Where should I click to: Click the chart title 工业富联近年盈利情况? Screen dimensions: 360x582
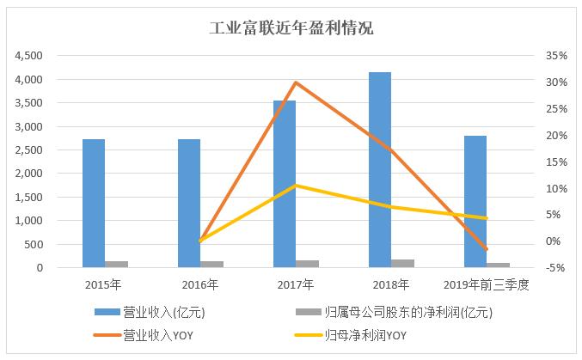click(x=291, y=27)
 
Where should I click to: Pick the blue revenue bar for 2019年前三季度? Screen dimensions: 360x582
click(x=475, y=202)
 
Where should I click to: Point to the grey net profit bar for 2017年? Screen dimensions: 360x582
click(x=307, y=264)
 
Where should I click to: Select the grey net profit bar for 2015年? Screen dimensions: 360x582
click(x=116, y=265)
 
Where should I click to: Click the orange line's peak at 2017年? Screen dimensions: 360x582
click(x=295, y=82)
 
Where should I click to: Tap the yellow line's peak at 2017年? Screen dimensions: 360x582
click(x=295, y=185)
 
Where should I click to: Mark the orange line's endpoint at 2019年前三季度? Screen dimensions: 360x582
click(x=487, y=249)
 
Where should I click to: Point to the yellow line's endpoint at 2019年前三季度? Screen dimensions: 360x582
click(x=487, y=218)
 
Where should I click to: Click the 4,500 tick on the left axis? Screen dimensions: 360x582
click(x=30, y=56)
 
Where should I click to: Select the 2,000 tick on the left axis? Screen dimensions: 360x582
click(x=30, y=174)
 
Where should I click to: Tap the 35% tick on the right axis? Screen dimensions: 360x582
click(x=555, y=56)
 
